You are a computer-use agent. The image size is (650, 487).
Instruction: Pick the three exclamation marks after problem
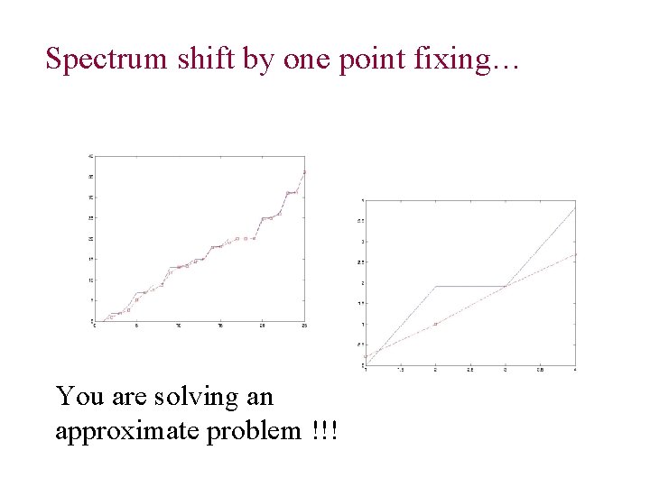pos(323,431)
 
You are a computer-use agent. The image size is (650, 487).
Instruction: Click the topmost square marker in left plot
pos(304,172)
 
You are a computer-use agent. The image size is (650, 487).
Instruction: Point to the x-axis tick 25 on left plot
pos(304,326)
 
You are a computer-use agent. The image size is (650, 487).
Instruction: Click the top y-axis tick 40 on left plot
pos(89,156)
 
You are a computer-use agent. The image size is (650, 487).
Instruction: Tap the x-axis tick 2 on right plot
pos(435,370)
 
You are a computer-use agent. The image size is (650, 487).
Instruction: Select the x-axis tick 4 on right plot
pos(575,370)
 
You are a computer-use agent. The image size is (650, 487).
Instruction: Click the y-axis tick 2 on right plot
pos(361,283)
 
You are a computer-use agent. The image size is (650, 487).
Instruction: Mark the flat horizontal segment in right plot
pos(469,286)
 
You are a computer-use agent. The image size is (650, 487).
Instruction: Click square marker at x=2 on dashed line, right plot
pos(435,324)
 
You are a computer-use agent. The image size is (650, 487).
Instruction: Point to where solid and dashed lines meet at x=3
pos(506,286)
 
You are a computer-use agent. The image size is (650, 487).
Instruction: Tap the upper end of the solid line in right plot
pos(574,209)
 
